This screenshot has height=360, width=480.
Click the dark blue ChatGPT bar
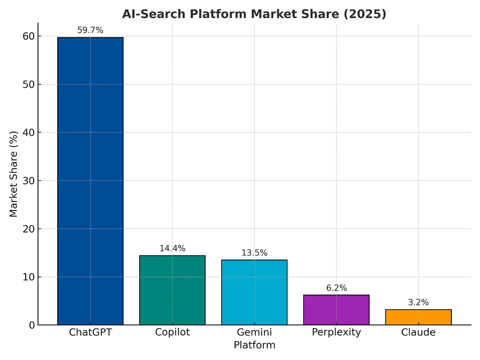click(90, 181)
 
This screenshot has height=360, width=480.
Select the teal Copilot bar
click(172, 290)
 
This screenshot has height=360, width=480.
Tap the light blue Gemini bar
click(255, 292)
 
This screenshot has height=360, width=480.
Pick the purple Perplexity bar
click(337, 310)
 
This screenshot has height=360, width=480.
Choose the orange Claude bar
click(419, 317)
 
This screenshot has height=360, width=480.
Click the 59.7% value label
click(90, 30)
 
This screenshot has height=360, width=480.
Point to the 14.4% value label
click(172, 248)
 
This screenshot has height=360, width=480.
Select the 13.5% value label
click(255, 253)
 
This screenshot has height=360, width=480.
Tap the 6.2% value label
click(337, 288)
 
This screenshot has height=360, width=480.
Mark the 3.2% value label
click(419, 302)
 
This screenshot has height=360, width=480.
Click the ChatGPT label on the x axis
click(90, 332)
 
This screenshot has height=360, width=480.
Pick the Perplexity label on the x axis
click(337, 332)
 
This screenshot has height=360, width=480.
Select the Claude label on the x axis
click(419, 332)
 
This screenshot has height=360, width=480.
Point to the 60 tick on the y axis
click(29, 36)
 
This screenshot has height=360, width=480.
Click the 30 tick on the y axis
click(29, 180)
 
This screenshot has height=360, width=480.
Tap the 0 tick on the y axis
click(32, 325)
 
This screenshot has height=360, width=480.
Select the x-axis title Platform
click(255, 345)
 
